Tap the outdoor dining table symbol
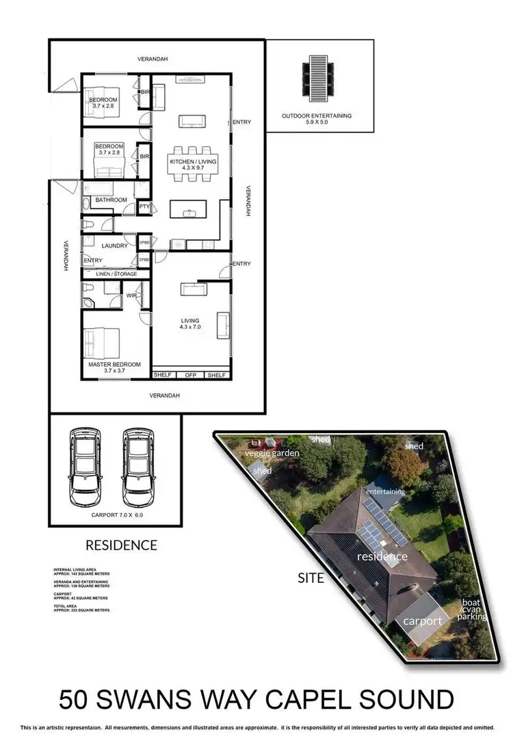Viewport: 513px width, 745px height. coord(317,73)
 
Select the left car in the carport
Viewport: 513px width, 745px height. coord(84,465)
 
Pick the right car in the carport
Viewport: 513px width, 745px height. coord(138,465)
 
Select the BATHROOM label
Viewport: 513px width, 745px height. coord(111,200)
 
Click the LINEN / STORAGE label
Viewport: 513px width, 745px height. coord(115,274)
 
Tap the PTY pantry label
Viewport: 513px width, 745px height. coord(144,206)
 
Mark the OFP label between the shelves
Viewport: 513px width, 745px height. coord(191,375)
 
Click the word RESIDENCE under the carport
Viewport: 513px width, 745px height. coord(121,545)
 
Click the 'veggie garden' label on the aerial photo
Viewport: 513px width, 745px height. coord(273,454)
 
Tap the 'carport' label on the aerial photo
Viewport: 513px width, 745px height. coord(421,620)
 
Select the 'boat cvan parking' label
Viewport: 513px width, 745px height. coord(473,610)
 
